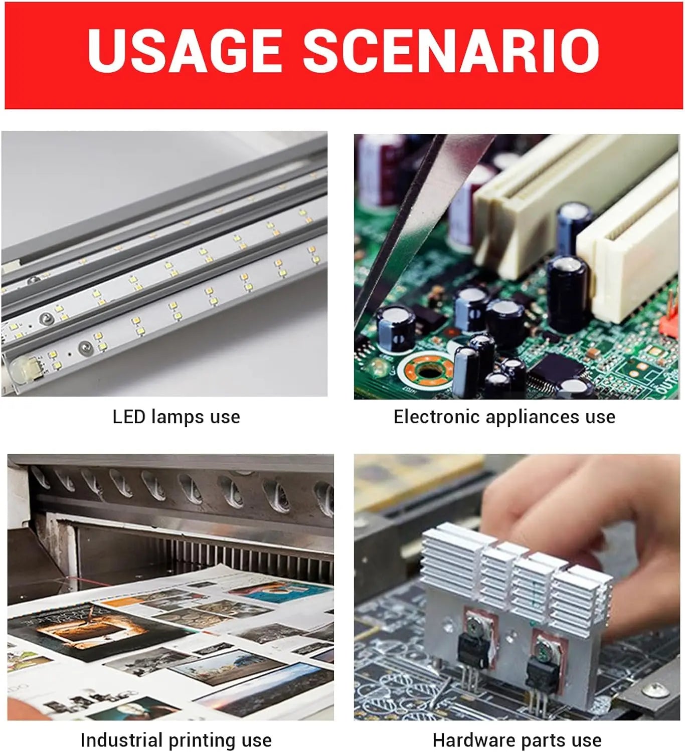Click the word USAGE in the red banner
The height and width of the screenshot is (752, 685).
[185, 50]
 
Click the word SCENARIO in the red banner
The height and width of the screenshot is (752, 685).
[452, 50]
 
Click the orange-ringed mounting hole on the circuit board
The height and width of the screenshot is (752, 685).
[427, 371]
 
